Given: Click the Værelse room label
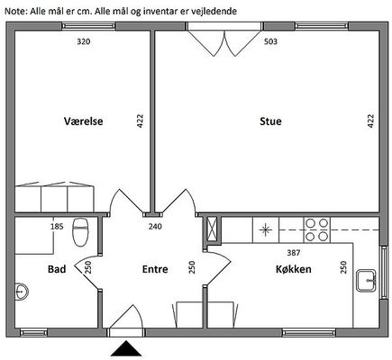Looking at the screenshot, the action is (x=84, y=121).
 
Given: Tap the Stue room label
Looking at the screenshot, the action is (x=270, y=121).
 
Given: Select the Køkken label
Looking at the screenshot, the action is (x=294, y=269).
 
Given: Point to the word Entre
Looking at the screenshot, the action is (x=155, y=269).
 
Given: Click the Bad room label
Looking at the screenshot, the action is (x=57, y=269).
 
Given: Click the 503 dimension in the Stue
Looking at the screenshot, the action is (x=270, y=41).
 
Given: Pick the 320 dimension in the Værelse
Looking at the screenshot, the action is (x=84, y=41).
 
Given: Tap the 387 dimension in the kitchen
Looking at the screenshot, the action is (x=294, y=253).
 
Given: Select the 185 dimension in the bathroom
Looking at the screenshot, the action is (x=57, y=226).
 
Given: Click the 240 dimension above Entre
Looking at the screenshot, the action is (x=155, y=226).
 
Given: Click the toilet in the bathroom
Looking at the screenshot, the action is (x=80, y=232).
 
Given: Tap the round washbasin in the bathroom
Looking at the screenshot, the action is (x=22, y=291).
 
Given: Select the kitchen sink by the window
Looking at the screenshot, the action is (x=366, y=281).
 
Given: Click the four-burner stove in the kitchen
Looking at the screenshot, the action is (x=317, y=229).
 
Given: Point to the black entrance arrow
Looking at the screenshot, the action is (x=126, y=348).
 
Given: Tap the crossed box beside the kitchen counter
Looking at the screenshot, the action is (x=213, y=229).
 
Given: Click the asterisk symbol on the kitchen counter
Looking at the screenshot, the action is (x=266, y=230).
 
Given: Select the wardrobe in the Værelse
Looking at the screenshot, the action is (x=55, y=197).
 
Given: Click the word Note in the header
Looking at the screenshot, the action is (x=15, y=11).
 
